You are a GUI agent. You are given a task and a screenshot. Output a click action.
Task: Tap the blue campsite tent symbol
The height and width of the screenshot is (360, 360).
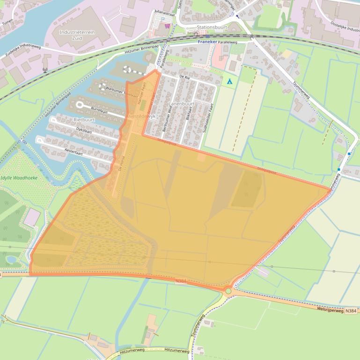229,82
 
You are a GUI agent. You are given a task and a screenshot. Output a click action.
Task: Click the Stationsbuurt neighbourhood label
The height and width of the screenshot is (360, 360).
212,28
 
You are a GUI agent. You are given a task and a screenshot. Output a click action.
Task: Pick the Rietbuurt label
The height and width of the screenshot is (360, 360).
84,120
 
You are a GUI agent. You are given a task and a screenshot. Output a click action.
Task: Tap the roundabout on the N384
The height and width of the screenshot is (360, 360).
228,291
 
